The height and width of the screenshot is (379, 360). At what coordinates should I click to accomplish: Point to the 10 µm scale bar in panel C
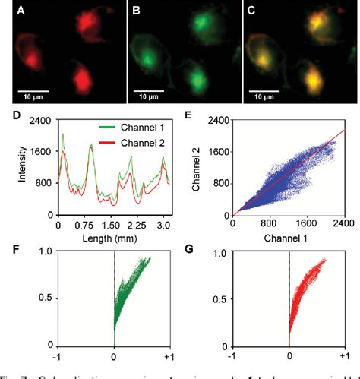(x=262, y=92)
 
